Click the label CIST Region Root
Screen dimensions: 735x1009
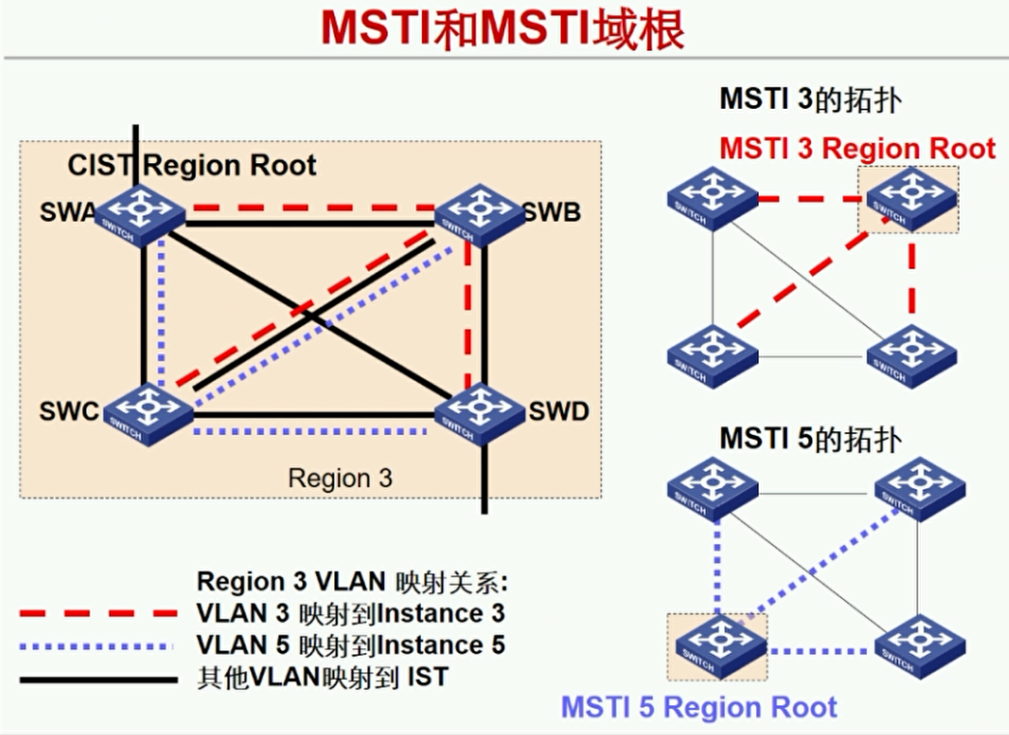coord(191,166)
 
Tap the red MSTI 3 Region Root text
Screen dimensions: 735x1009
coord(856,149)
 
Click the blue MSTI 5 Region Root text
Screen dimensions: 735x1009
coord(699,707)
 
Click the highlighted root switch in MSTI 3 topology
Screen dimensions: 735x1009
coord(910,199)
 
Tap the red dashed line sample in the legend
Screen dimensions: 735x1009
coord(98,613)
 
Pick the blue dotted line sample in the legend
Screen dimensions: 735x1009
coord(98,645)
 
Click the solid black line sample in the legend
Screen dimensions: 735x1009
coord(98,678)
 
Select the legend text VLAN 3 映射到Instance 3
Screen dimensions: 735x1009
coord(350,613)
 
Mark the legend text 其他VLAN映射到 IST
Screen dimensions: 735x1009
coord(322,677)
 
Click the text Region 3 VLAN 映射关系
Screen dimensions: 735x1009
coord(351,582)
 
